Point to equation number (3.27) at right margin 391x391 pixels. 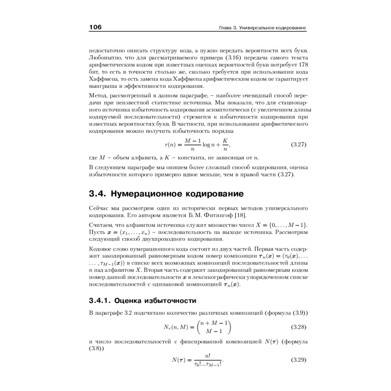[299, 145]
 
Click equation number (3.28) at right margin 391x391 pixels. [299, 326]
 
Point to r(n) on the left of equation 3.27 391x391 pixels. [171, 145]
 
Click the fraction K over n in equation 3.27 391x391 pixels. [225, 145]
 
